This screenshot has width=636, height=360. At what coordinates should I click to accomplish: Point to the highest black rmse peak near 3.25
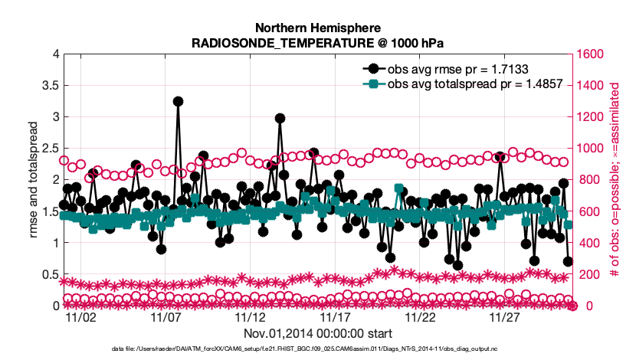(x=178, y=101)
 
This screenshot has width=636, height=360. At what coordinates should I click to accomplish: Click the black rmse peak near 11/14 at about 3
(x=280, y=119)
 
